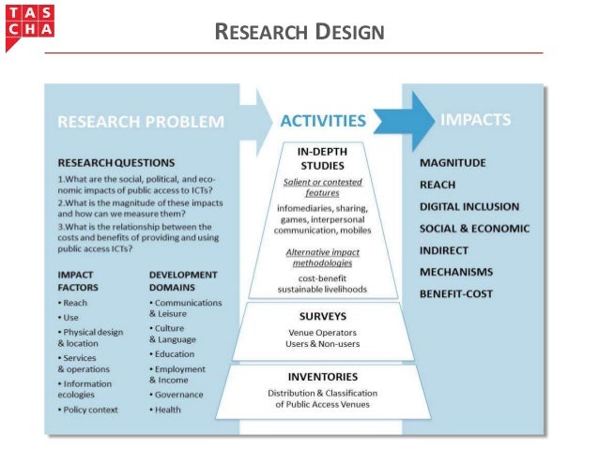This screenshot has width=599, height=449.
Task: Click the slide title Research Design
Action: [x=299, y=34]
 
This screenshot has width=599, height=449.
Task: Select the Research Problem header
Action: [x=141, y=121]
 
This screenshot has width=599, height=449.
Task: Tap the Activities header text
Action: [x=323, y=121]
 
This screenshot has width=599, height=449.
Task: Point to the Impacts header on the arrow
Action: [x=476, y=120]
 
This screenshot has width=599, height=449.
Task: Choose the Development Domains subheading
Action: [x=183, y=281]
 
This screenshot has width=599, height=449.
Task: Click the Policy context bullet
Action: [x=91, y=410]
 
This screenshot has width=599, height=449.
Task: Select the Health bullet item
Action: [x=168, y=410]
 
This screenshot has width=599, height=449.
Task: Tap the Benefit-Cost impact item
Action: [x=456, y=293]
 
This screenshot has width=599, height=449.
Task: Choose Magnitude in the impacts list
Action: [x=453, y=163]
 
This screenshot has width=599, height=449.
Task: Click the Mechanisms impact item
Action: [x=456, y=272]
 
